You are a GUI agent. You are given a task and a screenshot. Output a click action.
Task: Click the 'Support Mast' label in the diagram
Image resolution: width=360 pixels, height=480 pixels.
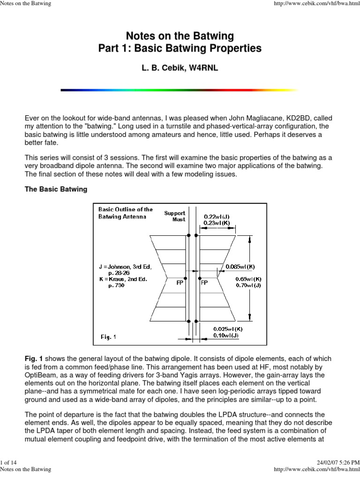[x=174, y=216]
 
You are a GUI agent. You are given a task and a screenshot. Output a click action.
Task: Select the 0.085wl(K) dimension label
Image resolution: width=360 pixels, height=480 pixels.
[x=240, y=266]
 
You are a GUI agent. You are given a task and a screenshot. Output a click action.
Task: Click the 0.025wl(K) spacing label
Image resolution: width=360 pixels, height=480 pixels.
[x=227, y=329]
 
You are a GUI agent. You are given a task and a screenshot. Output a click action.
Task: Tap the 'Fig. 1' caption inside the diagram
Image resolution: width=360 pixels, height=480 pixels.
[x=108, y=336]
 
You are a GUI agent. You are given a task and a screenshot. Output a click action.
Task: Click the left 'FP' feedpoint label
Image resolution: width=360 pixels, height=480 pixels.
[x=180, y=283]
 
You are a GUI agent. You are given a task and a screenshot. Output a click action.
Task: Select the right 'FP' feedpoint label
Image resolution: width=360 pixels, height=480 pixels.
[x=204, y=283]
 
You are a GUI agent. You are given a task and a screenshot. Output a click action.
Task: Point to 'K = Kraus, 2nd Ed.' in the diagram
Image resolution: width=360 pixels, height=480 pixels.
[x=123, y=279]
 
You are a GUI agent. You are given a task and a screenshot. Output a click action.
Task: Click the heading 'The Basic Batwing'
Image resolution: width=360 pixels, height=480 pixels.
[x=56, y=189]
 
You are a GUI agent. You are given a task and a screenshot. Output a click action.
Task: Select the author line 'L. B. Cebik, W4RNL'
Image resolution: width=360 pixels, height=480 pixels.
[x=180, y=68]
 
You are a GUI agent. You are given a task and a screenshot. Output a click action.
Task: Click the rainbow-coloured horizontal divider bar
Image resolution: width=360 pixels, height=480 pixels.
[x=180, y=90]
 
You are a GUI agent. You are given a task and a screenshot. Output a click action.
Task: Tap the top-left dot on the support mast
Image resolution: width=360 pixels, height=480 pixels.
[x=188, y=235]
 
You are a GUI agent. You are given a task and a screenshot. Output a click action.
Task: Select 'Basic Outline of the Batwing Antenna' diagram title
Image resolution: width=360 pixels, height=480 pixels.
[x=126, y=213]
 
